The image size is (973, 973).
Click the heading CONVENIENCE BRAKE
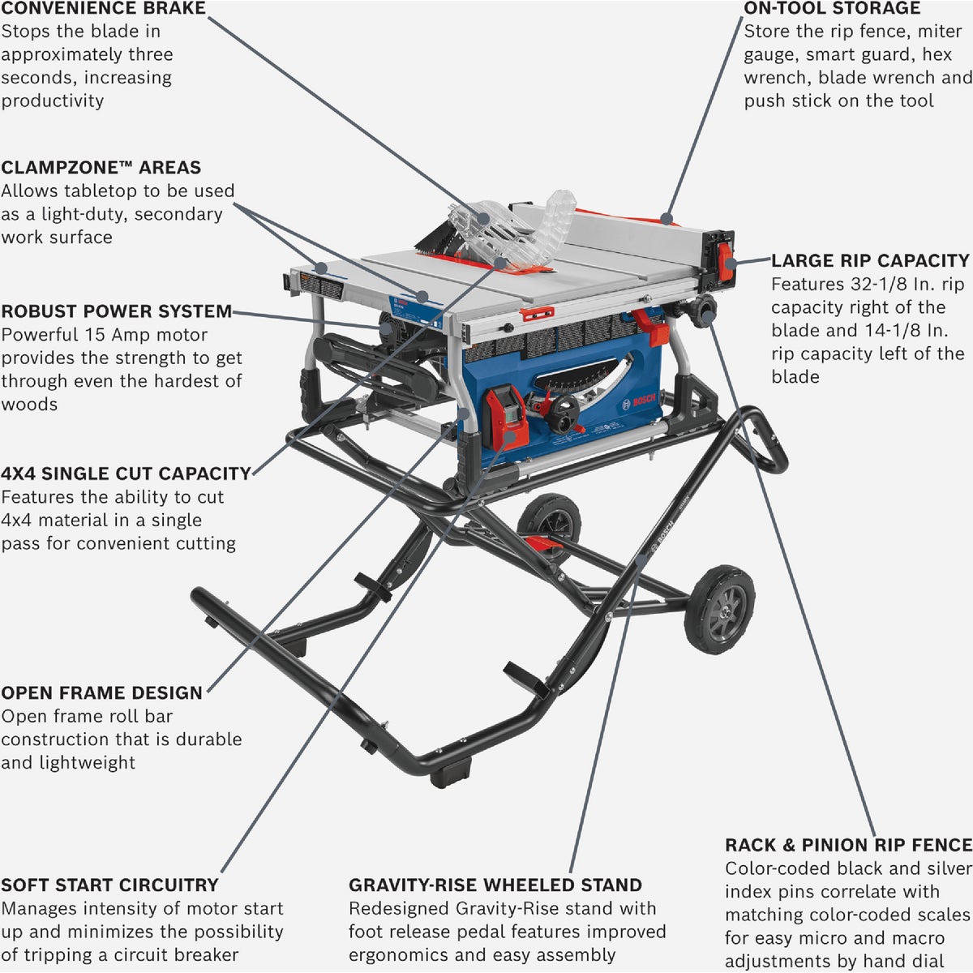(103, 9)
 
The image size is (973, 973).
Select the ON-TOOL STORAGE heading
(832, 9)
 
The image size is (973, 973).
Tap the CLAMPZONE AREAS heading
(101, 168)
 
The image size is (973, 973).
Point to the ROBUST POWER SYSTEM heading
(116, 312)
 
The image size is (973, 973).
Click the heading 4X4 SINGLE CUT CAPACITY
(126, 474)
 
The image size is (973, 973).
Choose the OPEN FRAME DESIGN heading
(101, 693)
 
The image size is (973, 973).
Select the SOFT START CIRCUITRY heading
(109, 885)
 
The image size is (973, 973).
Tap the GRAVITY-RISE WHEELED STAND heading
(495, 885)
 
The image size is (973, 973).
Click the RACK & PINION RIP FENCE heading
(848, 846)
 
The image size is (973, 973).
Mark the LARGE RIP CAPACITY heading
(870, 261)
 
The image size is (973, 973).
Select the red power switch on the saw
(504, 416)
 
